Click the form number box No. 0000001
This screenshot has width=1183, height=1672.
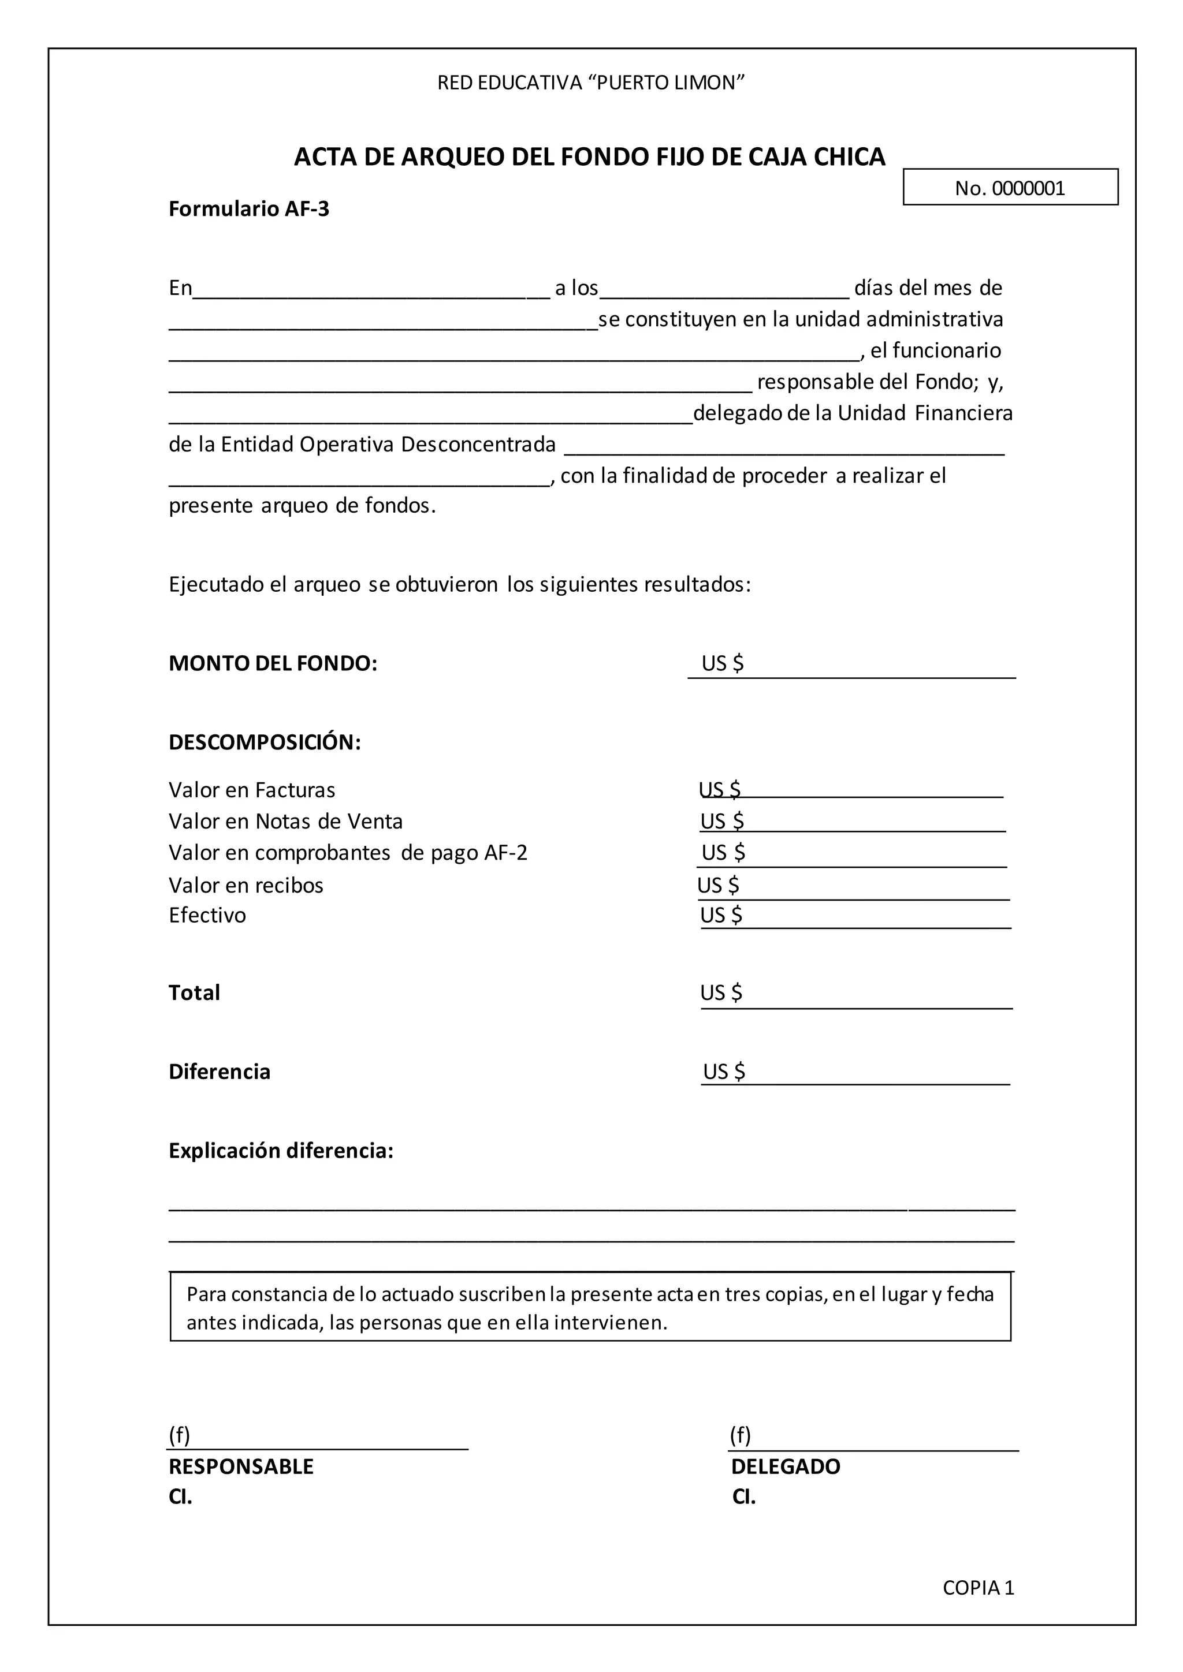tap(1010, 188)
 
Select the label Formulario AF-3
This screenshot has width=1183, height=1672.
tap(249, 209)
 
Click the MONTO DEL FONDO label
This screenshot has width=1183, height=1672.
tap(273, 663)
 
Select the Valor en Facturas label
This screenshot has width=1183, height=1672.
tap(252, 790)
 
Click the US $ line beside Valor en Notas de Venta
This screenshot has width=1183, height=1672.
tap(852, 822)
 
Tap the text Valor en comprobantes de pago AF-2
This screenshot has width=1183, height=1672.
tap(348, 853)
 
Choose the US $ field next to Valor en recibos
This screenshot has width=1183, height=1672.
tap(852, 886)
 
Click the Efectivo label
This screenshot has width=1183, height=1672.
tap(207, 915)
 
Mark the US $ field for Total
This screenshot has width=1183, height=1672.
tap(856, 994)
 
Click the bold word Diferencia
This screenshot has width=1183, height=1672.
tap(220, 1072)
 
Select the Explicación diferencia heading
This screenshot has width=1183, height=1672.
tap(281, 1151)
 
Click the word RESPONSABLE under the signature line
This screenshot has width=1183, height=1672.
tap(241, 1466)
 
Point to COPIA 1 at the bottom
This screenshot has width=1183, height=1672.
tap(979, 1588)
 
